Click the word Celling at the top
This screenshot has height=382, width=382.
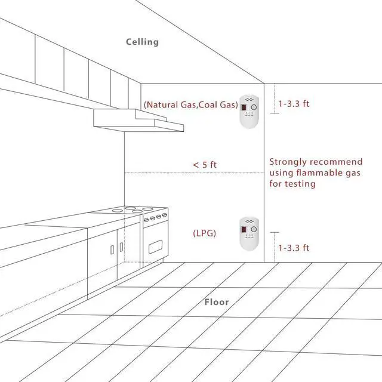tap(142, 42)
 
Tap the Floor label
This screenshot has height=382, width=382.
tap(217, 302)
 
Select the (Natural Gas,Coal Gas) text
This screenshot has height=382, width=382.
tap(190, 104)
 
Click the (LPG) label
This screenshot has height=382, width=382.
tap(204, 232)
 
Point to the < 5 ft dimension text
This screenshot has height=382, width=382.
tap(204, 164)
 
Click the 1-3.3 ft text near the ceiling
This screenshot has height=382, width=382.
tap(294, 103)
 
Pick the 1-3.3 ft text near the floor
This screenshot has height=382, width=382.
tap(294, 247)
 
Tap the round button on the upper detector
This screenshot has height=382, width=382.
tap(254, 107)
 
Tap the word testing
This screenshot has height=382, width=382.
tap(300, 184)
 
